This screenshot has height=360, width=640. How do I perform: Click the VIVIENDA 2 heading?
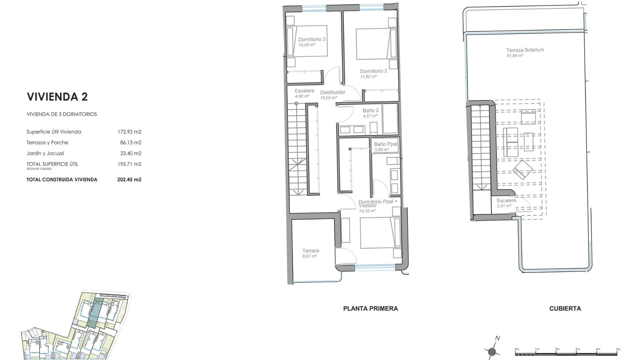(x=57, y=97)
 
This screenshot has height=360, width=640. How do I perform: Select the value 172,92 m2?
(x=129, y=132)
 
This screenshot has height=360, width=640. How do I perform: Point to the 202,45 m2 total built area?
(x=129, y=179)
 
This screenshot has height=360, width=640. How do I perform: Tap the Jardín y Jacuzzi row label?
(x=45, y=153)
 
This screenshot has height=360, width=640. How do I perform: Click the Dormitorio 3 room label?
(x=312, y=39)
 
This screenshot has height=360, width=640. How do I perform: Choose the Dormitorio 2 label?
(x=373, y=71)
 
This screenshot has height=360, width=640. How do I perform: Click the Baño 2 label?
(x=370, y=110)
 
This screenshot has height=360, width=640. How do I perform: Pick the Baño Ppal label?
(x=385, y=144)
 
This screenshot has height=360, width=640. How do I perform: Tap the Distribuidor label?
(x=333, y=92)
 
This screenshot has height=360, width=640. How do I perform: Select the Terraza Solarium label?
(x=525, y=50)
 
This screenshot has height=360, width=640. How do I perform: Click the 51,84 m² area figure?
(x=515, y=56)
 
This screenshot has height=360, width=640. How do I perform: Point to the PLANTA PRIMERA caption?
(x=370, y=309)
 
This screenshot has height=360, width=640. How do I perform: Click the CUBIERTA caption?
(x=565, y=309)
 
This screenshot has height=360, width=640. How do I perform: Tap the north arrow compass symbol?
(x=492, y=351)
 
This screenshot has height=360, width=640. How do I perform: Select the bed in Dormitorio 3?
(x=307, y=41)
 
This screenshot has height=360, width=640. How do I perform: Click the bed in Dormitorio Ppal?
(x=380, y=233)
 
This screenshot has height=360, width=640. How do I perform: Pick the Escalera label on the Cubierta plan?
(x=506, y=201)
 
